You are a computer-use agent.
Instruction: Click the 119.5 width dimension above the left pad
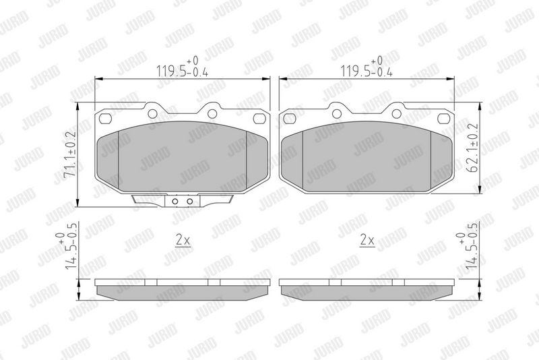[182, 67]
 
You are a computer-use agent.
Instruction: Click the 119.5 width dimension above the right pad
[367, 67]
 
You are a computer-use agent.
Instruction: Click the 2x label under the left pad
[183, 240]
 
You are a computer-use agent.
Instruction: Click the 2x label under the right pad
[367, 240]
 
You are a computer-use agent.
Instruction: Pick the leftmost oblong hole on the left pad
[105, 119]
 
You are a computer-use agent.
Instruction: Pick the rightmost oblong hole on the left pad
[259, 119]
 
